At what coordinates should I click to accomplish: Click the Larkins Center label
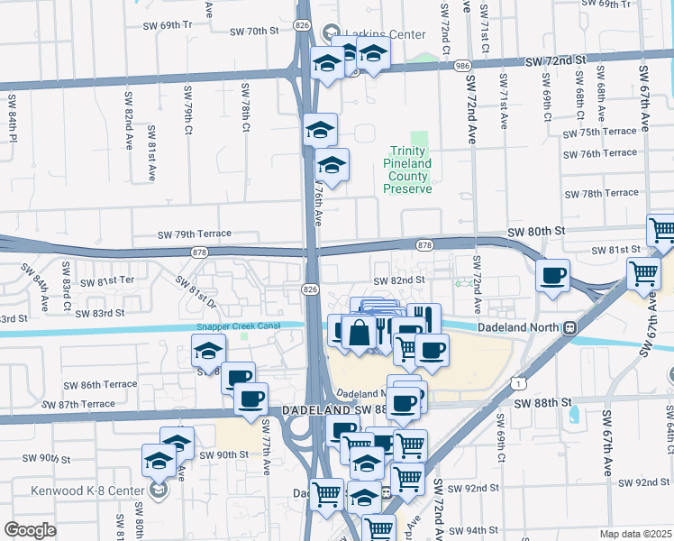pyautogui.click(x=382, y=34)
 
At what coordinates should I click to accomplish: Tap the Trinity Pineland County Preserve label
pyautogui.click(x=408, y=170)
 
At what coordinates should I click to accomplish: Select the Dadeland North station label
pyautogui.click(x=519, y=329)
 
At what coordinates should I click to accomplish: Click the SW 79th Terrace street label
pyautogui.click(x=194, y=234)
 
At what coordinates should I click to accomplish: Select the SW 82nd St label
pyautogui.click(x=398, y=280)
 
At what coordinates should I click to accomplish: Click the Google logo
pyautogui.click(x=30, y=530)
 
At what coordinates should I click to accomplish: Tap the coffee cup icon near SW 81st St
pyautogui.click(x=552, y=274)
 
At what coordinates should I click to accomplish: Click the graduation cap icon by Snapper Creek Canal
pyautogui.click(x=208, y=350)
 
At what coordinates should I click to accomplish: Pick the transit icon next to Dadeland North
pyautogui.click(x=569, y=329)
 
